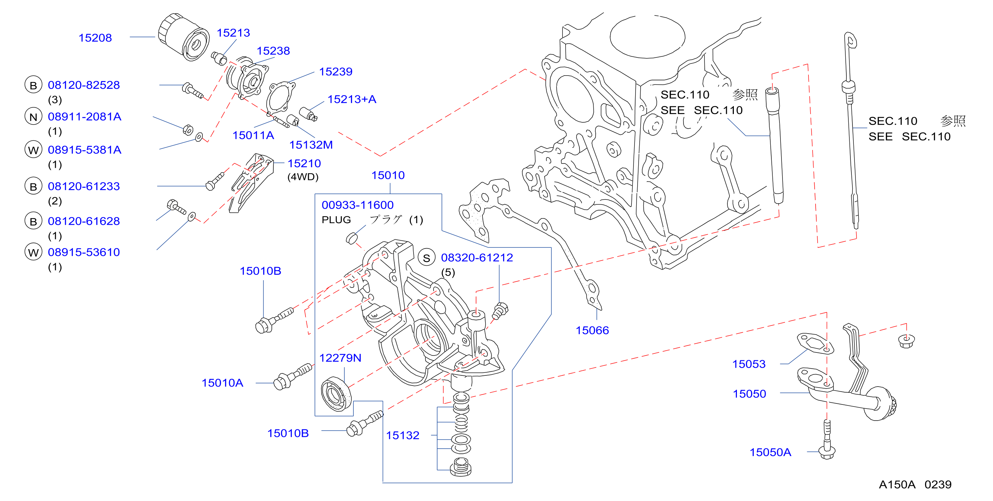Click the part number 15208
point(95,38)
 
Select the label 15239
point(336,72)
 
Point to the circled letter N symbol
point(33,117)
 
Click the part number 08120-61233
point(84,186)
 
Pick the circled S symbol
point(426,258)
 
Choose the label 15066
point(592,331)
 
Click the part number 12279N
point(340,358)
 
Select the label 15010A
point(222,383)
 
